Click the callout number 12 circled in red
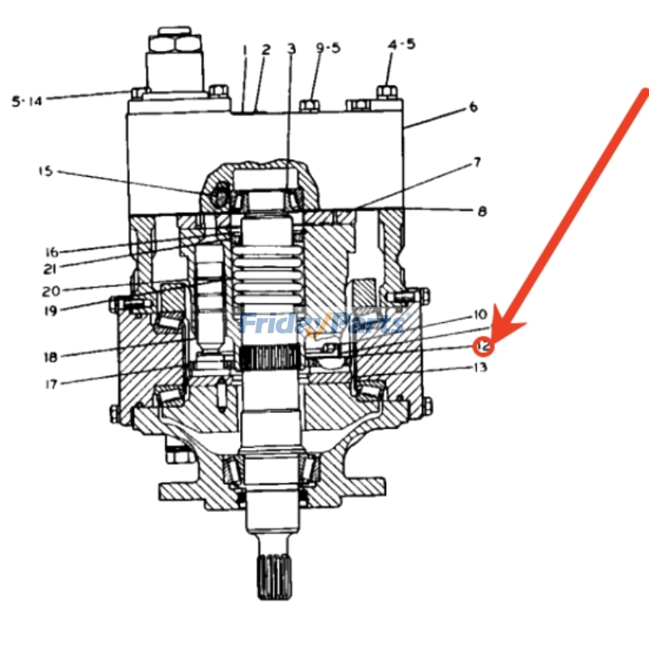[483, 346]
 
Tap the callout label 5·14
[27, 101]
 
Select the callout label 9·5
[329, 48]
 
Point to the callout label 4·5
[402, 45]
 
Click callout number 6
[473, 107]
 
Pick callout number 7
[477, 162]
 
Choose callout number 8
[482, 212]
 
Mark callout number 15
[46, 171]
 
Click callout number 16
[52, 251]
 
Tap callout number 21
[50, 269]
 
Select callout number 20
[51, 291]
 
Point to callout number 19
[50, 311]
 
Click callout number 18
[50, 357]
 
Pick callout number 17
[51, 385]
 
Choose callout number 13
[480, 367]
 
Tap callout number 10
[480, 315]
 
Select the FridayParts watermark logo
[323, 324]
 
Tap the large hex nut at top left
[174, 44]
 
